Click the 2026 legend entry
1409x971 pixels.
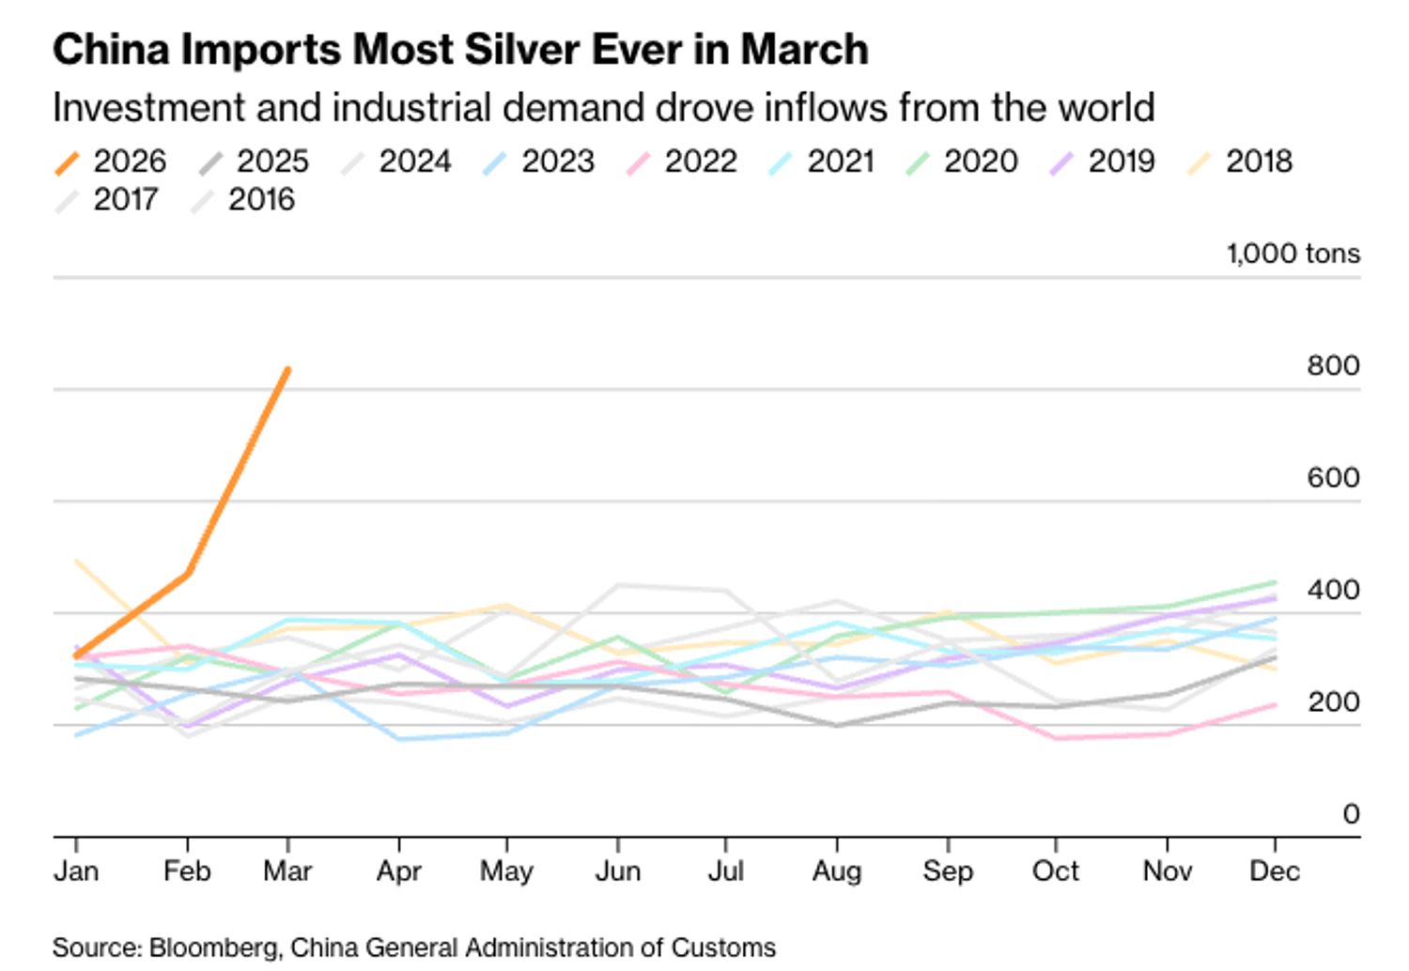click(111, 162)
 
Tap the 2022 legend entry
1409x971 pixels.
click(682, 162)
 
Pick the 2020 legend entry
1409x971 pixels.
click(963, 162)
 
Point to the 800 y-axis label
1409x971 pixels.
click(1332, 365)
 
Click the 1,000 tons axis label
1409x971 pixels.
click(1293, 254)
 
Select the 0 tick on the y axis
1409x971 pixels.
click(1350, 813)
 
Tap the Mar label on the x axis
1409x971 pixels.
click(287, 871)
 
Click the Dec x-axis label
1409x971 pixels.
click(1274, 871)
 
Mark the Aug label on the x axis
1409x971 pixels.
click(836, 871)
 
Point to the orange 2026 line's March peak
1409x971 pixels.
click(287, 370)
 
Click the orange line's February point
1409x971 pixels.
click(188, 573)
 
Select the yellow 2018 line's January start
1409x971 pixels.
click(77, 561)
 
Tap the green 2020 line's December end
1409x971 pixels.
click(1275, 582)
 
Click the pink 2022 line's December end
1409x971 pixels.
click(1275, 704)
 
